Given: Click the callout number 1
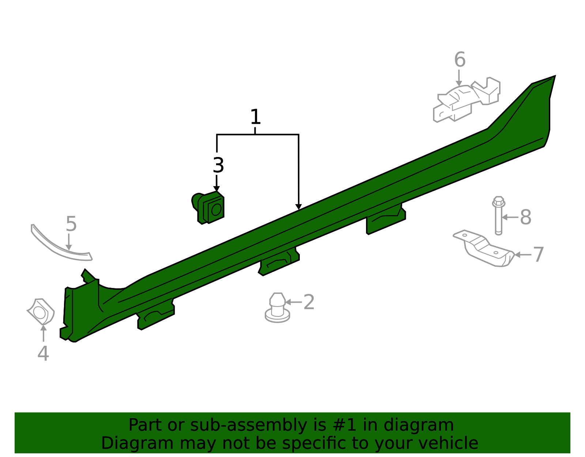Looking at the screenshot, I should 255,117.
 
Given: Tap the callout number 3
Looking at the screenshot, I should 218,165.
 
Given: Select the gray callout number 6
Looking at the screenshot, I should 460,60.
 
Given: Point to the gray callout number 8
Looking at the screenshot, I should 525,217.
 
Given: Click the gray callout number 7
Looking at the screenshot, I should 538,255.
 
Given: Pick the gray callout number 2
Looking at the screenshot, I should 309,302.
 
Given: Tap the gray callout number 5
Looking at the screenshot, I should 71,224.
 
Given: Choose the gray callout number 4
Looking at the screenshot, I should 43,353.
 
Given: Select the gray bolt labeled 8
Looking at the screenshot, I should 498,216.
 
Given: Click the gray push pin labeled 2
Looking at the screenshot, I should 278,308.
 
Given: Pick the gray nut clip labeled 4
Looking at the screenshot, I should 41,312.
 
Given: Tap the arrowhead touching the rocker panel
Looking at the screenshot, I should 298,207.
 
